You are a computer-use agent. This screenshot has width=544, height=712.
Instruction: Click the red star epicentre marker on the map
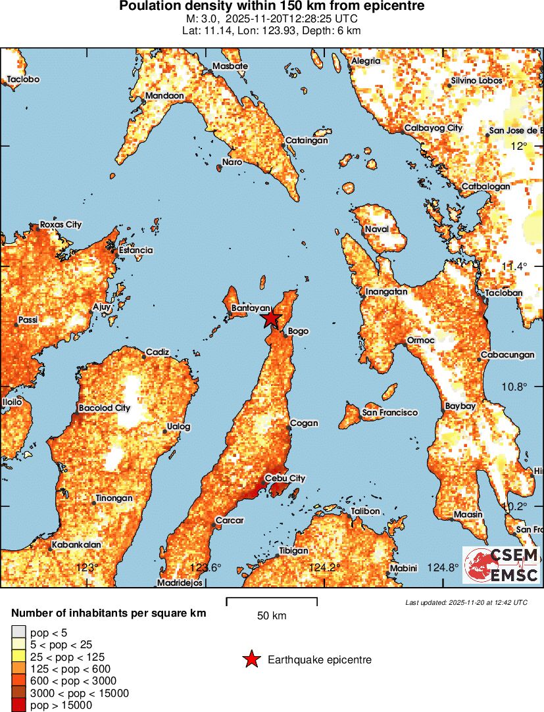click(x=271, y=319)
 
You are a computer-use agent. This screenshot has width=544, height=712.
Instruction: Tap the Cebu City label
click(x=284, y=479)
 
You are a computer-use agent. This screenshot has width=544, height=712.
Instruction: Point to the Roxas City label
click(x=61, y=225)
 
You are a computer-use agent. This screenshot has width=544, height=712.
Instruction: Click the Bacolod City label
click(x=105, y=408)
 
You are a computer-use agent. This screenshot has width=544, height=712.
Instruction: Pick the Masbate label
click(x=230, y=66)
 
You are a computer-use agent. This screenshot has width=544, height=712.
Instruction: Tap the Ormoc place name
click(x=420, y=340)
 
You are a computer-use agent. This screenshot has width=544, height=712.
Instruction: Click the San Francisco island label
click(x=389, y=412)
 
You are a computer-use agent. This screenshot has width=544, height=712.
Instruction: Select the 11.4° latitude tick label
click(x=514, y=266)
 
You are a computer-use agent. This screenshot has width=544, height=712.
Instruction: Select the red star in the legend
click(x=251, y=659)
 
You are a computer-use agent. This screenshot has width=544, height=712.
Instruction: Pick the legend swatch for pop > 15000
click(x=18, y=705)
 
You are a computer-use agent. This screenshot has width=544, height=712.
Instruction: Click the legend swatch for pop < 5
click(x=18, y=632)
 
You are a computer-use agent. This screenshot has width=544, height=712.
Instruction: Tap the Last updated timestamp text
click(x=466, y=602)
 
